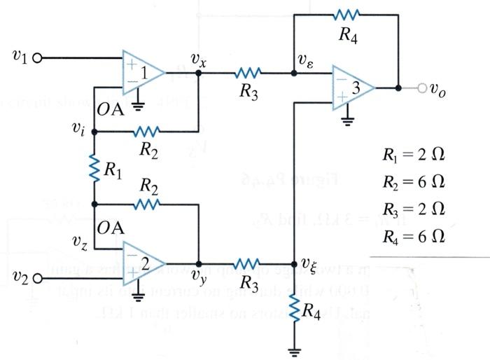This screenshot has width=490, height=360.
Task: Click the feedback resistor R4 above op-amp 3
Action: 346,15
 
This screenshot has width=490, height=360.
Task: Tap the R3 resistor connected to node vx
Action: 248,72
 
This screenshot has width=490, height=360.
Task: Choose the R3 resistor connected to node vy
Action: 248,264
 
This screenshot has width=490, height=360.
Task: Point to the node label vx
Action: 199,62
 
